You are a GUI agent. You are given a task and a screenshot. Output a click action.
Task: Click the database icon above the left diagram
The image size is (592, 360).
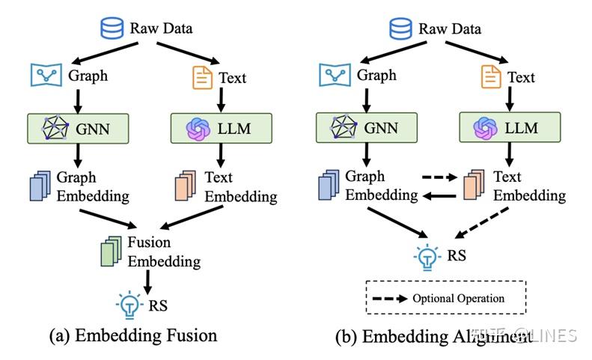(112, 30)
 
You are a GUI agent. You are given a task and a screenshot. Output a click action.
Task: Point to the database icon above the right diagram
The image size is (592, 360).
(400, 30)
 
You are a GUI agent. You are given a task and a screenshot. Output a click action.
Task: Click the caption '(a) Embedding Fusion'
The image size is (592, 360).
(132, 336)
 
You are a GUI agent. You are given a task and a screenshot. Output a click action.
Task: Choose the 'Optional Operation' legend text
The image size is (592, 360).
(458, 298)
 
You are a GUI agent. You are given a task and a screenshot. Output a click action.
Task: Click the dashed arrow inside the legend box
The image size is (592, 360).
(391, 298)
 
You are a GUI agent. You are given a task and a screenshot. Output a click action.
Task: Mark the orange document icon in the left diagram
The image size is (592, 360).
(202, 77)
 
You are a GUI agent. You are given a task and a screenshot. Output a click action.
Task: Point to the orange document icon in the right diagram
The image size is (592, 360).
(490, 76)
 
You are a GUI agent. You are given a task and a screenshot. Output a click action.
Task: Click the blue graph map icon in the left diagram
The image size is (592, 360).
(46, 75)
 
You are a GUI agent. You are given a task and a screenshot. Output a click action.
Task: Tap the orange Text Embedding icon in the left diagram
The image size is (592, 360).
(186, 187)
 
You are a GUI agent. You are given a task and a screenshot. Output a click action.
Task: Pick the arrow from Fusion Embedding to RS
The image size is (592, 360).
(147, 281)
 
